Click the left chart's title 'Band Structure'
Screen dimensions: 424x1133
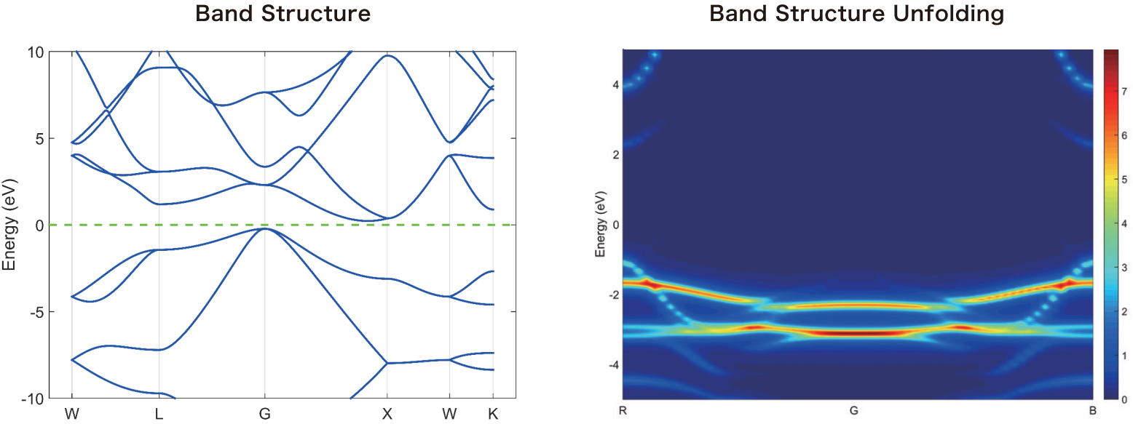[282, 14]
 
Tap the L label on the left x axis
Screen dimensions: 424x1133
[159, 414]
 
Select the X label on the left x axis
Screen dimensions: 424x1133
[387, 414]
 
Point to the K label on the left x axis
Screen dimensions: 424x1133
[494, 414]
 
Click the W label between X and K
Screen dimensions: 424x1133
[449, 414]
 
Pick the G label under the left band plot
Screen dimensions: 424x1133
[264, 414]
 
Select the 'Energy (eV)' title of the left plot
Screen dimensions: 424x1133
[10, 225]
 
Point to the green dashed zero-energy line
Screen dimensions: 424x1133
[328, 225]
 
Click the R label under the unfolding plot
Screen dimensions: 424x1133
[623, 410]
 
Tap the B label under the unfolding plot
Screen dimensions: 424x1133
[1092, 410]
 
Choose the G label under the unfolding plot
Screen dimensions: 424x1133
[853, 410]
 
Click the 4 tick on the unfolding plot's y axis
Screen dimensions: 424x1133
[615, 85]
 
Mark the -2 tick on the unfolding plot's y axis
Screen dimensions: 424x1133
[613, 295]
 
